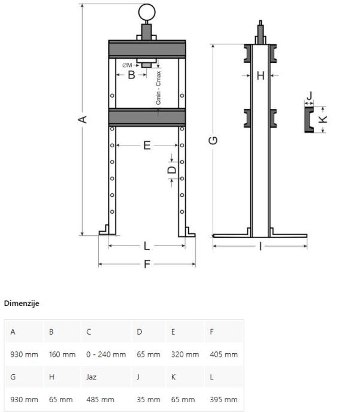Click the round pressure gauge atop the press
tap(147, 12)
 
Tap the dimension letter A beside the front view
tap(83, 119)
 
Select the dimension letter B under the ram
tap(131, 75)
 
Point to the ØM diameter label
tap(127, 65)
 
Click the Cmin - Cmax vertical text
tap(158, 88)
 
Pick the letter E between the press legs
tap(147, 145)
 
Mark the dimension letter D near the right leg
tap(172, 170)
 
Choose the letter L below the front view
tap(147, 246)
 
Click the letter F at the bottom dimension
tap(147, 264)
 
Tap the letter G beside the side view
tap(213, 140)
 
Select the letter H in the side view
tap(261, 76)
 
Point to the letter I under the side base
tap(261, 247)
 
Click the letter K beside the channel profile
tap(323, 119)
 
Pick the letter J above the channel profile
tap(310, 95)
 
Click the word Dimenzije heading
tap(22, 303)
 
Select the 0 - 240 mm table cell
tap(106, 354)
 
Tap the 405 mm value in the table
tap(224, 354)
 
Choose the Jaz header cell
tap(91, 377)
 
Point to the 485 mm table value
tap(100, 400)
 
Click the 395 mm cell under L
tap(224, 400)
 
